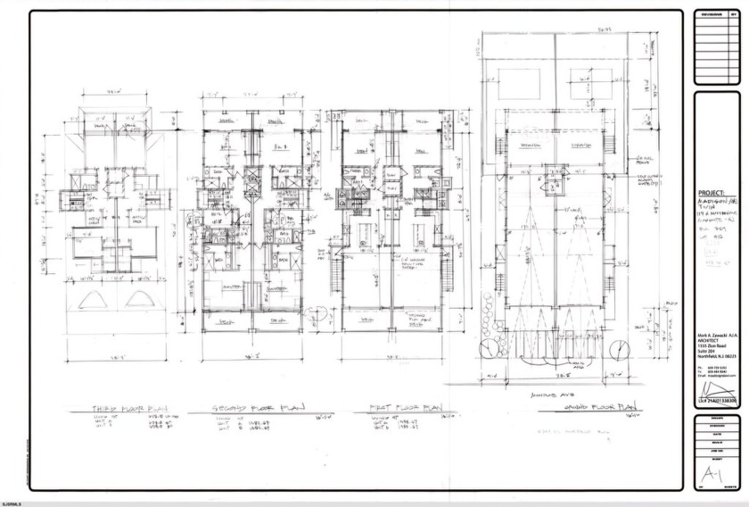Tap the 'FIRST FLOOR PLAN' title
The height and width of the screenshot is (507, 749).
point(406,407)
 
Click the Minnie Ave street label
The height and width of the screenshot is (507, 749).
point(545,394)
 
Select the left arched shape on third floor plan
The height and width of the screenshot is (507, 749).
point(89,299)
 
